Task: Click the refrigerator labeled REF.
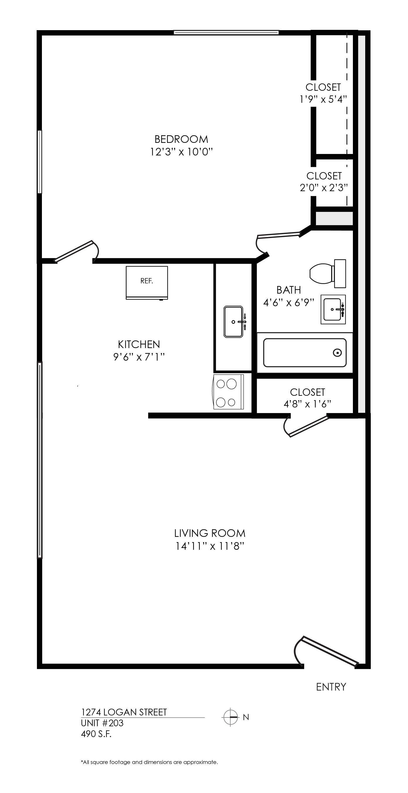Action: tap(147, 282)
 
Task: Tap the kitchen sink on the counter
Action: tap(233, 322)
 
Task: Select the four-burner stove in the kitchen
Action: tap(228, 392)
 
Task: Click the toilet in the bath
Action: tap(327, 273)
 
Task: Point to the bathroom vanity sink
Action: tap(333, 309)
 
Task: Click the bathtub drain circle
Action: tap(337, 353)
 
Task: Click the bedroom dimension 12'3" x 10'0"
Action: tap(181, 152)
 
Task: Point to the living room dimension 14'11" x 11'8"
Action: tap(210, 547)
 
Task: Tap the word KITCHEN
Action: tap(139, 344)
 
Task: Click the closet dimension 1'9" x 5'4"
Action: tap(323, 100)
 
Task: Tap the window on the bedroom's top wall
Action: tap(226, 32)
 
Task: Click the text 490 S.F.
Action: tap(96, 734)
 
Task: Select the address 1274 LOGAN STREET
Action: tap(124, 712)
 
